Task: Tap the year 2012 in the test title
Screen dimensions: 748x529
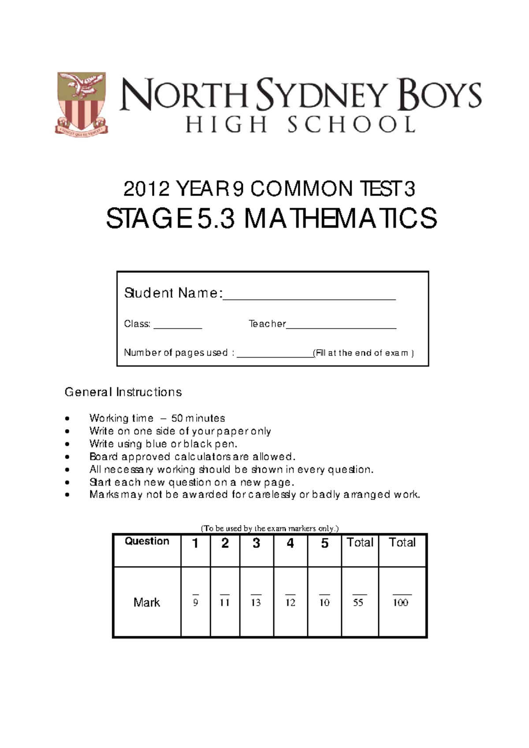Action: click(146, 190)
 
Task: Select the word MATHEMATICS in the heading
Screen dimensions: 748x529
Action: click(340, 219)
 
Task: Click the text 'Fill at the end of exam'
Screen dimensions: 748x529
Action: click(363, 353)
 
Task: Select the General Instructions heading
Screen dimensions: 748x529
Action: click(123, 392)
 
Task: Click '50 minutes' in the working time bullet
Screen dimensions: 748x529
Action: click(198, 418)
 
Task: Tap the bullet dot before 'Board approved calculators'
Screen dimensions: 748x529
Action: click(67, 457)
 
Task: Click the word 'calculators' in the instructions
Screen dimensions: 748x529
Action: click(200, 457)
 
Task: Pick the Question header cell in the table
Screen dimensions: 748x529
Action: click(147, 542)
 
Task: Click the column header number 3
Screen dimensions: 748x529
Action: click(256, 543)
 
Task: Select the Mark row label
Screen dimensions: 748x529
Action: click(146, 602)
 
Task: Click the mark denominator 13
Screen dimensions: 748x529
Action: click(256, 603)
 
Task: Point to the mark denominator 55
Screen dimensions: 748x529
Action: click(358, 603)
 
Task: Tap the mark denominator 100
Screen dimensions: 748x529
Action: click(401, 603)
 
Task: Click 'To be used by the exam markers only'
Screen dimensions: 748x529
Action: click(269, 528)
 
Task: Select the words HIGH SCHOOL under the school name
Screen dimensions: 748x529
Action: click(300, 125)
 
